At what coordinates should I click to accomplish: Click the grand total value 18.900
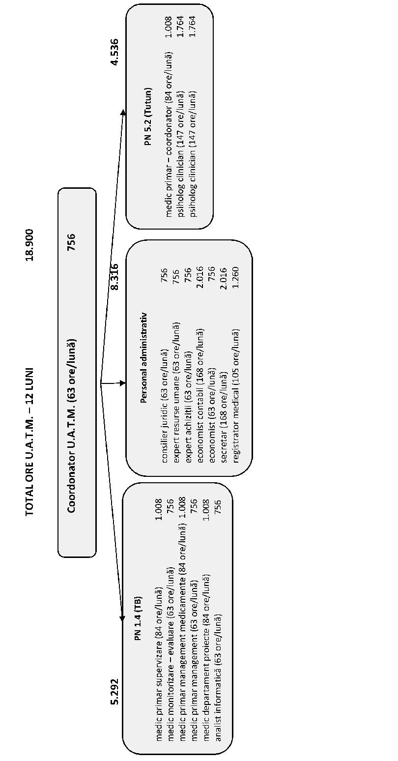29,245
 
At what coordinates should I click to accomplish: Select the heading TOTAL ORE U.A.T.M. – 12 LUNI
29,441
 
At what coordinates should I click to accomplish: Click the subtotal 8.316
115,277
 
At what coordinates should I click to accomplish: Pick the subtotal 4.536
115,52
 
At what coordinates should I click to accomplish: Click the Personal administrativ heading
143,357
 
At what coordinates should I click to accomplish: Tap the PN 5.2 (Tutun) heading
148,117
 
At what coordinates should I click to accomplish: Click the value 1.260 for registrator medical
236,278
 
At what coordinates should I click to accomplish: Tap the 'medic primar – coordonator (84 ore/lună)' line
169,135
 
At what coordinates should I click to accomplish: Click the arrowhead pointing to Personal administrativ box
122,383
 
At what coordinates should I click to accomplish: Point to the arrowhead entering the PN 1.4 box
122,618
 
